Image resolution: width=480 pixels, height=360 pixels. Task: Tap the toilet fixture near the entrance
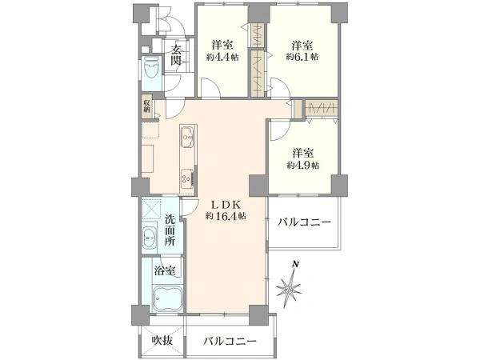tap(150, 73)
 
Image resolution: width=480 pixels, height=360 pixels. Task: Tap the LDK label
tap(225, 205)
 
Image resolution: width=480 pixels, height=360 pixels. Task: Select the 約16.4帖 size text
tap(225, 217)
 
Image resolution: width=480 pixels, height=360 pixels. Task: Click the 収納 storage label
tap(147, 104)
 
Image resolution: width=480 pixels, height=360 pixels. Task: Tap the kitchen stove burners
tap(186, 177)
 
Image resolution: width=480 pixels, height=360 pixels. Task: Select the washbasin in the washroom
tap(151, 238)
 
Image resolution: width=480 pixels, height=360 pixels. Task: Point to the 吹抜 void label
tap(162, 341)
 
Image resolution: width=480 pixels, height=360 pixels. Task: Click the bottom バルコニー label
tap(230, 341)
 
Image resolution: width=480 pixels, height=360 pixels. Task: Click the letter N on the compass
tap(294, 265)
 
